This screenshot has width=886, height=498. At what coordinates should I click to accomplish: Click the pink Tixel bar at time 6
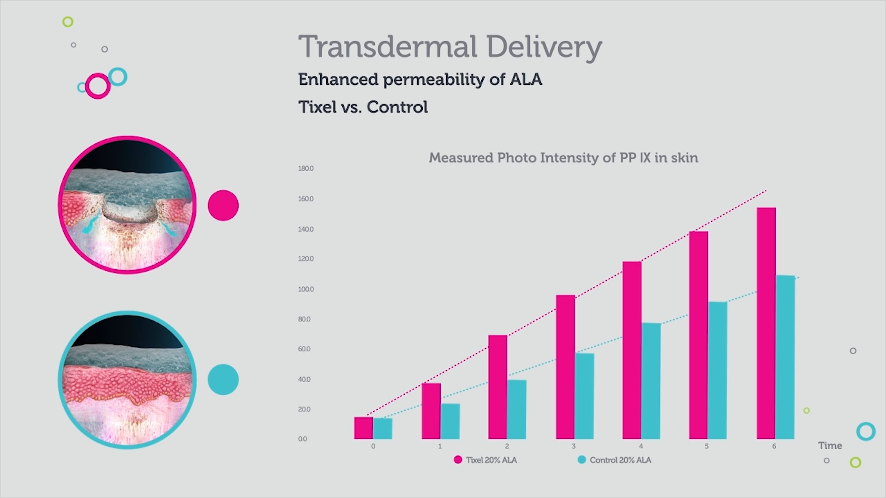pyautogui.click(x=766, y=323)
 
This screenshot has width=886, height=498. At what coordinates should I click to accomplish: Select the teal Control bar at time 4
pyautogui.click(x=651, y=381)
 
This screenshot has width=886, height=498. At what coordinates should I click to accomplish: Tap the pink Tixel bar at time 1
pyautogui.click(x=431, y=411)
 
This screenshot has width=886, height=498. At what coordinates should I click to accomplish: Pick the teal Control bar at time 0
pyautogui.click(x=383, y=428)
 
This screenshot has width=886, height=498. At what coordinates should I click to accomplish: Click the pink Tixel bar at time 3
pyautogui.click(x=565, y=367)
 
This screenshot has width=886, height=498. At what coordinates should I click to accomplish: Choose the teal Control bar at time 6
pyautogui.click(x=785, y=357)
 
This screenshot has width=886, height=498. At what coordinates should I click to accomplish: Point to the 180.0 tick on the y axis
pyautogui.click(x=305, y=168)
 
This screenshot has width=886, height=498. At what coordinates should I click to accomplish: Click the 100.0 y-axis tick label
pyautogui.click(x=305, y=289)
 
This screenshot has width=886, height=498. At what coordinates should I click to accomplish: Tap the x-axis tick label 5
pyautogui.click(x=706, y=446)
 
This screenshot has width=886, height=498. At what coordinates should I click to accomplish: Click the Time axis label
pyautogui.click(x=830, y=445)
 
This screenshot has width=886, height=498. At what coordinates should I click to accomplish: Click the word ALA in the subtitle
pyautogui.click(x=526, y=79)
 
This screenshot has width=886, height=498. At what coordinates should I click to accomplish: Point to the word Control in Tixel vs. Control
pyautogui.click(x=397, y=107)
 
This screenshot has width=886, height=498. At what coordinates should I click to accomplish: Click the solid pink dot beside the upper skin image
pyautogui.click(x=223, y=205)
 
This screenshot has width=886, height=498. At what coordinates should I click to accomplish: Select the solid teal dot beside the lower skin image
pyautogui.click(x=223, y=379)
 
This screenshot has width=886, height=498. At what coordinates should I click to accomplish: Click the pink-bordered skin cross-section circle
pyautogui.click(x=127, y=205)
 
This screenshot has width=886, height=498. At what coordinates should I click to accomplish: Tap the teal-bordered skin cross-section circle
pyautogui.click(x=127, y=379)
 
